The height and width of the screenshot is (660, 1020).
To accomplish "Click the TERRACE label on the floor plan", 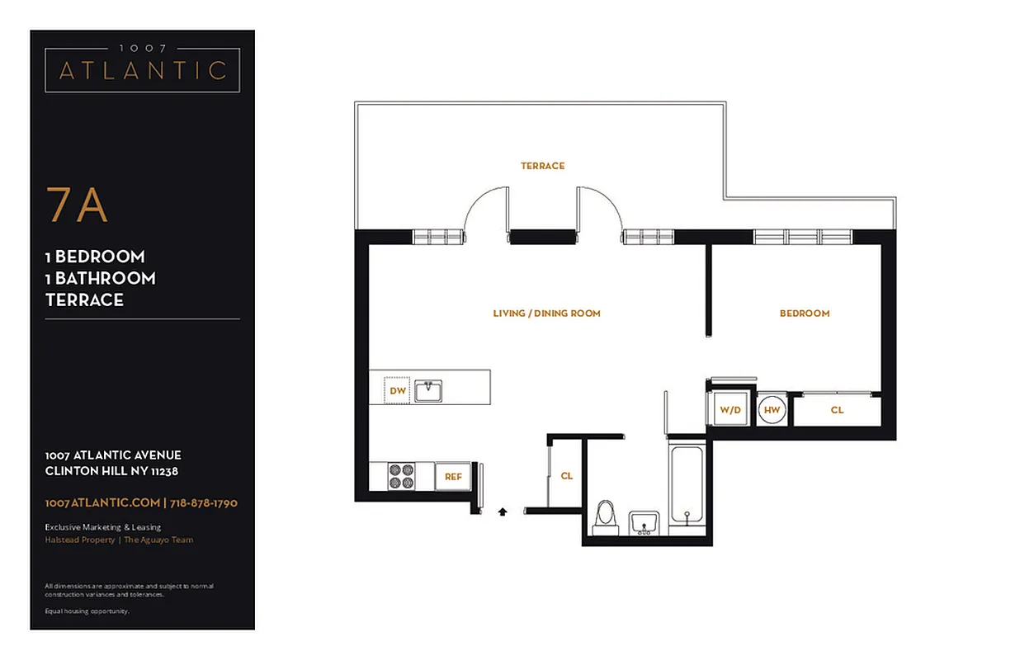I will (x=542, y=166).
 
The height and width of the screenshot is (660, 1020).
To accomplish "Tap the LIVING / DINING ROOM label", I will (x=546, y=313).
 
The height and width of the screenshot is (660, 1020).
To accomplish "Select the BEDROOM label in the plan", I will (x=805, y=313).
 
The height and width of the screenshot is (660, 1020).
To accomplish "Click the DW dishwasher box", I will (x=398, y=390).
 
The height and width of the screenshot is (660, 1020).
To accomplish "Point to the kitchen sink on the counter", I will (x=428, y=390).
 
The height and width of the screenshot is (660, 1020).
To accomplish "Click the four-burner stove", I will (x=402, y=476).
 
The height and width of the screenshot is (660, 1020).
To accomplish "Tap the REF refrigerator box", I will (x=453, y=477).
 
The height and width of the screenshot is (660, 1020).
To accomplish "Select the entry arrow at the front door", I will (x=503, y=511).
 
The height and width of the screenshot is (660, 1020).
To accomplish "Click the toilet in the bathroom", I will (x=606, y=516).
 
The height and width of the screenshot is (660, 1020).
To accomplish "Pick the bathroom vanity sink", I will (x=644, y=523).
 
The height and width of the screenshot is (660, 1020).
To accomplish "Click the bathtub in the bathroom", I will (x=686, y=484).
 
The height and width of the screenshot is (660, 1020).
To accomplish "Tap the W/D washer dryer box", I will (x=730, y=409).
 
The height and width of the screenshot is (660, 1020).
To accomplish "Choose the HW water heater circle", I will (x=772, y=409).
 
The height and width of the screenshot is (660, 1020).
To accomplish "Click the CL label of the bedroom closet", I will (x=837, y=410).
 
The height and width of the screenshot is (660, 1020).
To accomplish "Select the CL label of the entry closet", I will (x=566, y=476).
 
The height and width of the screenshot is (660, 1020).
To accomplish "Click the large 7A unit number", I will (x=77, y=205).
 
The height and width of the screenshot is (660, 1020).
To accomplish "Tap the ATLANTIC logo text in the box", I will (x=142, y=70).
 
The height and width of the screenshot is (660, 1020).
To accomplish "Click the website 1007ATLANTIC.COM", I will (x=102, y=502).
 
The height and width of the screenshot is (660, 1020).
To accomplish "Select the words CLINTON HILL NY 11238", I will (x=112, y=471).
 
